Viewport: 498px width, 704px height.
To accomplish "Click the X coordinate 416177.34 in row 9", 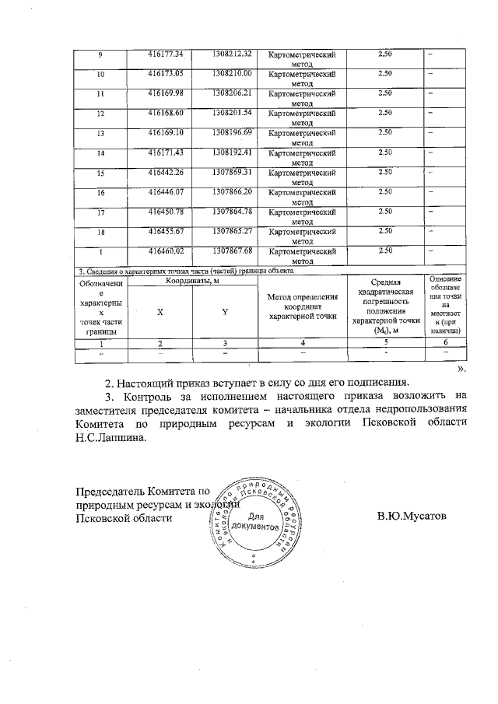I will coord(165,54).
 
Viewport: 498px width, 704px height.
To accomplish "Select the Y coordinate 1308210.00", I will coord(232,73).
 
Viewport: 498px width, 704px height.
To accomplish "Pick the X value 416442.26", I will coord(165,171).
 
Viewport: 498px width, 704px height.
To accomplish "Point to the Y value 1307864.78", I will coord(232,211).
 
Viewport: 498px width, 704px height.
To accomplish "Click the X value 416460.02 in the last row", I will coord(165,250).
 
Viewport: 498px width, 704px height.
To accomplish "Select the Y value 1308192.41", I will coord(232,152).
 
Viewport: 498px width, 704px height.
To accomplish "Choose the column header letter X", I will coord(160,311).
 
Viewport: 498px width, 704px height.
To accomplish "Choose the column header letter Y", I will coord(224,311).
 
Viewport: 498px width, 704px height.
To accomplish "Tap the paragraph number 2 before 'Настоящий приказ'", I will coord(108,382).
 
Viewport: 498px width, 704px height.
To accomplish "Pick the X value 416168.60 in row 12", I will coord(165,113).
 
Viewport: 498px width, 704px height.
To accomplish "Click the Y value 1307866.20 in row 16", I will coord(232,191).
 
